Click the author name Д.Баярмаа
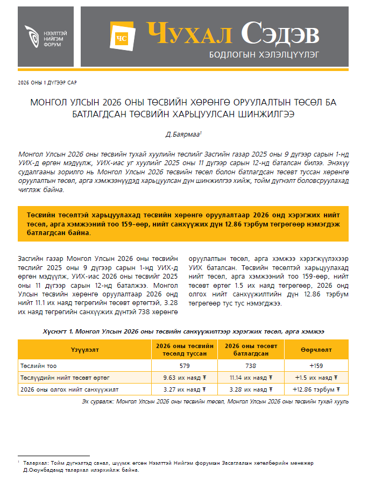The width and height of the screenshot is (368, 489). coord(182,132)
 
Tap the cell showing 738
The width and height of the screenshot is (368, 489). coord(251,366)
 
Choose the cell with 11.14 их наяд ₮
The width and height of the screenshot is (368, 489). coord(251,378)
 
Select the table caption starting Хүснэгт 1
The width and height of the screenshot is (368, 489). coord(183,332)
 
